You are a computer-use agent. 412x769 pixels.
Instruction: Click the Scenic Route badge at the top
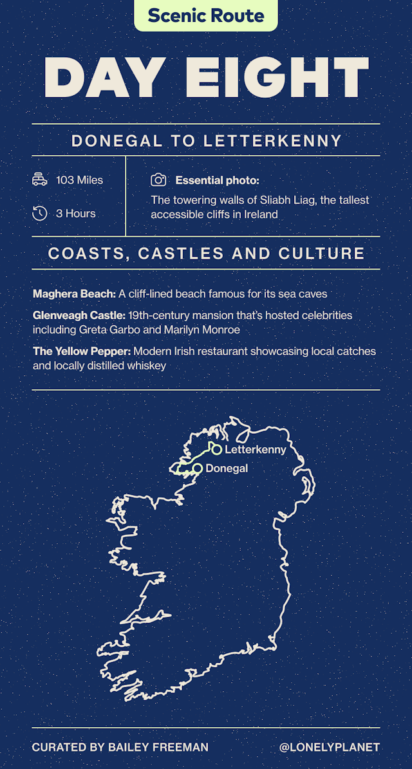tap(206, 15)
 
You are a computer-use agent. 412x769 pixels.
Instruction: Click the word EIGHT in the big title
tap(277, 78)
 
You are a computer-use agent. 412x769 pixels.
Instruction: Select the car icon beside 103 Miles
tap(40, 180)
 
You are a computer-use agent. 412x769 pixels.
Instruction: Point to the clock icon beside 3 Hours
tap(40, 213)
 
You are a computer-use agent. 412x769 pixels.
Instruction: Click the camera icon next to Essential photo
tap(158, 181)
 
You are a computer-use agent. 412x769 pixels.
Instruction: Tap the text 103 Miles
tap(79, 180)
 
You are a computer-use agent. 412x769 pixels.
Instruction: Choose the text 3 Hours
tap(75, 213)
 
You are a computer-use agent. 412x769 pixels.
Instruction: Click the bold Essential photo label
tap(217, 181)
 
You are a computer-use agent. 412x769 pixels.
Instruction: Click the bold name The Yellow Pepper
tap(77, 352)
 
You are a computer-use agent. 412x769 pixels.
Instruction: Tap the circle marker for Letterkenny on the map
tap(216, 450)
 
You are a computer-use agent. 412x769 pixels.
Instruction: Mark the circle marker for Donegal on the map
tap(198, 468)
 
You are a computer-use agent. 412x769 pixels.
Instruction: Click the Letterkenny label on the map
tap(255, 450)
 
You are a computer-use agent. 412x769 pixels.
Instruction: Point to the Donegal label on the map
tap(227, 468)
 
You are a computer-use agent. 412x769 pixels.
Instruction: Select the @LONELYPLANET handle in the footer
tap(330, 747)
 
